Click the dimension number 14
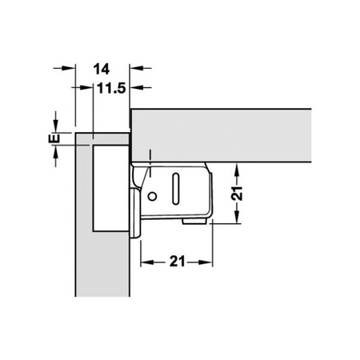coord(102,69)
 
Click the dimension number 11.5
coord(111,87)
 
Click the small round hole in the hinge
coord(151,196)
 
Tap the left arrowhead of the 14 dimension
coord(68,69)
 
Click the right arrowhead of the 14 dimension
coord(137,69)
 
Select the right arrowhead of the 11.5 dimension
coord(137,87)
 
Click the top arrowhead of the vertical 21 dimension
coord(238,170)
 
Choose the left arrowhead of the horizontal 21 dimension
coord(146,262)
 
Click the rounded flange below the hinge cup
coord(134,229)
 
